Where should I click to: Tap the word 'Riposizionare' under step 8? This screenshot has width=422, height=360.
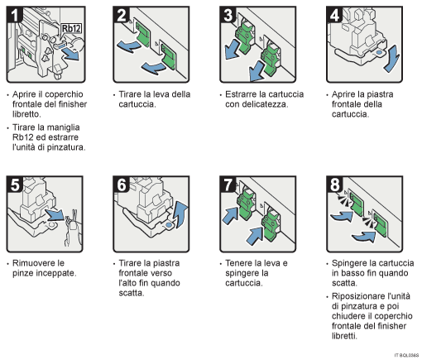[359, 295]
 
